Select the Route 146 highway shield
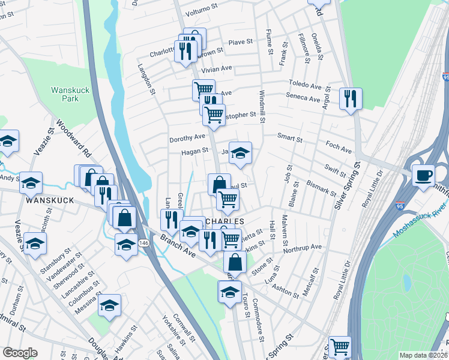coord(139,242)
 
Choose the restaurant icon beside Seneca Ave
coord(350,98)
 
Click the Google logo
coord(20,353)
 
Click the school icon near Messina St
coord(109,305)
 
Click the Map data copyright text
coord(423,355)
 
